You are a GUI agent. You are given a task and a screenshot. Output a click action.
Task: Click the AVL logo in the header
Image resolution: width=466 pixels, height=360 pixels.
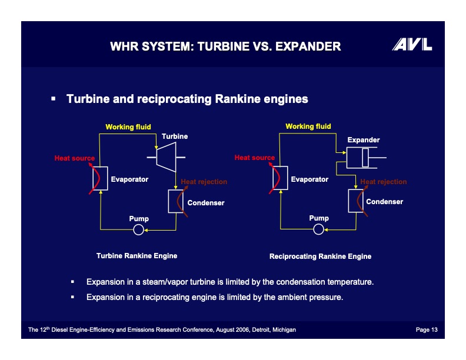pyautogui.click(x=412, y=45)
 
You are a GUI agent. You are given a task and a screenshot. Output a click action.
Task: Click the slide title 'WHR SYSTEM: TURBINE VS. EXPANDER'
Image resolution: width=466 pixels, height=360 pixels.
pyautogui.click(x=225, y=46)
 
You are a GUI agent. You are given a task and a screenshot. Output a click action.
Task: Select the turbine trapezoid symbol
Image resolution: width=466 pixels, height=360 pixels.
pyautogui.click(x=167, y=157)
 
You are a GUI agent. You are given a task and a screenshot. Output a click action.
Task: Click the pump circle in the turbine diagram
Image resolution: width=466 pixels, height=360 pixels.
pyautogui.click(x=138, y=229)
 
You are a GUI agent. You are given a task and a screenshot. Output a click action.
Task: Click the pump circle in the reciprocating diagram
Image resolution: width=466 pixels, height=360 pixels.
pyautogui.click(x=318, y=229)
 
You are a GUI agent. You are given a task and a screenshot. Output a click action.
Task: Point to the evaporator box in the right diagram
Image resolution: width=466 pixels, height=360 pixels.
pyautogui.click(x=280, y=178)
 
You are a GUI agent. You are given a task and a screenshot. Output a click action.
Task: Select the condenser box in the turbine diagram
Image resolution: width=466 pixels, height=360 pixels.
pyautogui.click(x=177, y=202)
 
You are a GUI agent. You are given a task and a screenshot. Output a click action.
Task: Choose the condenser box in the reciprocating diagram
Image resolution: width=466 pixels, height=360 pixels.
pyautogui.click(x=357, y=201)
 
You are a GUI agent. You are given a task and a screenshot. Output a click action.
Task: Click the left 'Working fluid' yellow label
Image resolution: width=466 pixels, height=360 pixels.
pyautogui.click(x=128, y=126)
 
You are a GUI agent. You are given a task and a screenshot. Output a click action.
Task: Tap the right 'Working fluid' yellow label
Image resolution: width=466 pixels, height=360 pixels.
pyautogui.click(x=308, y=126)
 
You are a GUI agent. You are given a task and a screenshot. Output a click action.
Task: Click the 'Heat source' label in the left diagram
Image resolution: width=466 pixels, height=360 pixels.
pyautogui.click(x=75, y=158)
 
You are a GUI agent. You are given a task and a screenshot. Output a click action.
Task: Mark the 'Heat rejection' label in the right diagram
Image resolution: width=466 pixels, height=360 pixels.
pyautogui.click(x=383, y=182)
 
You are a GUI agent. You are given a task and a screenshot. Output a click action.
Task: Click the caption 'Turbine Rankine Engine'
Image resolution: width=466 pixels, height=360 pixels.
pyautogui.click(x=137, y=256)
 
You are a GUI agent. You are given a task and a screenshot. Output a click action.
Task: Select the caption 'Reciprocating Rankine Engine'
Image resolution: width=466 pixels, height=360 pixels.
pyautogui.click(x=320, y=256)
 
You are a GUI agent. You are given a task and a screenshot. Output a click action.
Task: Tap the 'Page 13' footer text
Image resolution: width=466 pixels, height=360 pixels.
pyautogui.click(x=427, y=330)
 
